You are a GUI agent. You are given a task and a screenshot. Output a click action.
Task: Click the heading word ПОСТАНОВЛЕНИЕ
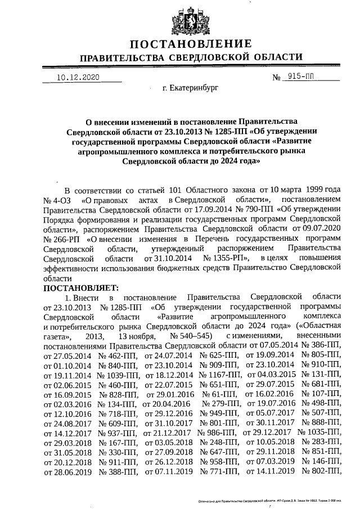(x=191, y=43)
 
